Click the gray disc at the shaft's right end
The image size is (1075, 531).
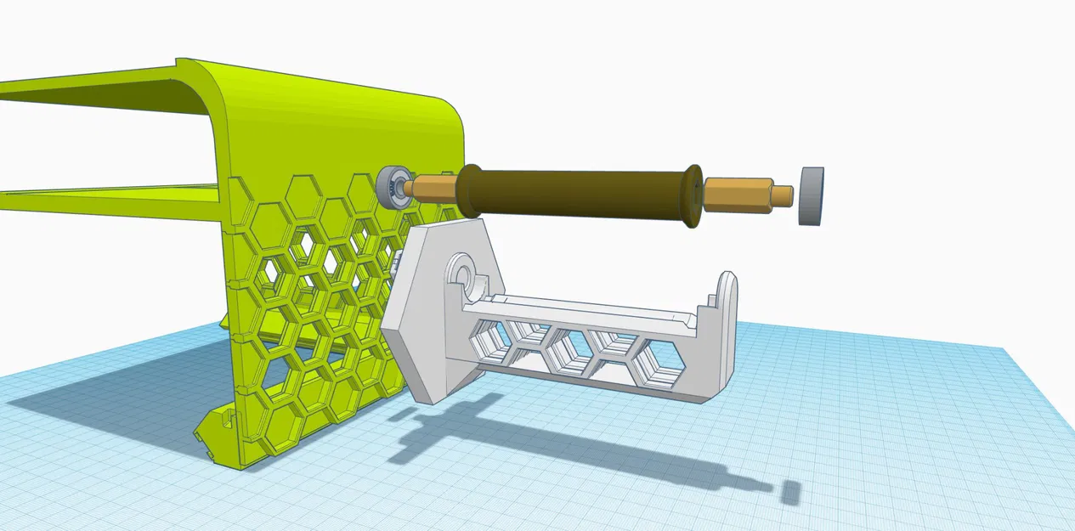click(x=812, y=195)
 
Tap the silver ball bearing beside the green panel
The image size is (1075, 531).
click(x=393, y=188)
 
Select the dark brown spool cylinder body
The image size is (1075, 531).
click(x=578, y=193)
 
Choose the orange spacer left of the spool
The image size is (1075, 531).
click(x=434, y=189)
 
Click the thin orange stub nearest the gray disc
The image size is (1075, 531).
click(x=782, y=195)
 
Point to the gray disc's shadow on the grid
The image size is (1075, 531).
click(x=791, y=492)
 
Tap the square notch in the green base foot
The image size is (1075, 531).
click(x=227, y=417)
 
